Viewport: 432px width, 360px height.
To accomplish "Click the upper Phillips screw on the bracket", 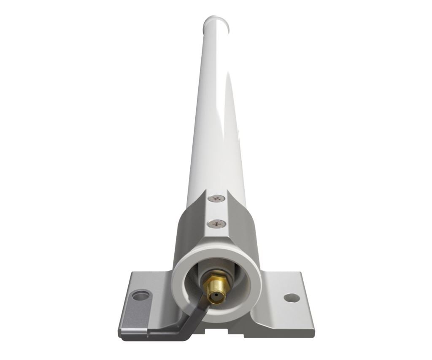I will (217, 198).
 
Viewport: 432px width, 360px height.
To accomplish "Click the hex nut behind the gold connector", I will (215, 282).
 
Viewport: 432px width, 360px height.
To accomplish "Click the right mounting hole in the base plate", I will (292, 298).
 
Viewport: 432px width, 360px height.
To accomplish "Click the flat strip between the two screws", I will (217, 210).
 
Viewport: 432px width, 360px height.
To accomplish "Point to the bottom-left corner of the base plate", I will (121, 338).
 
